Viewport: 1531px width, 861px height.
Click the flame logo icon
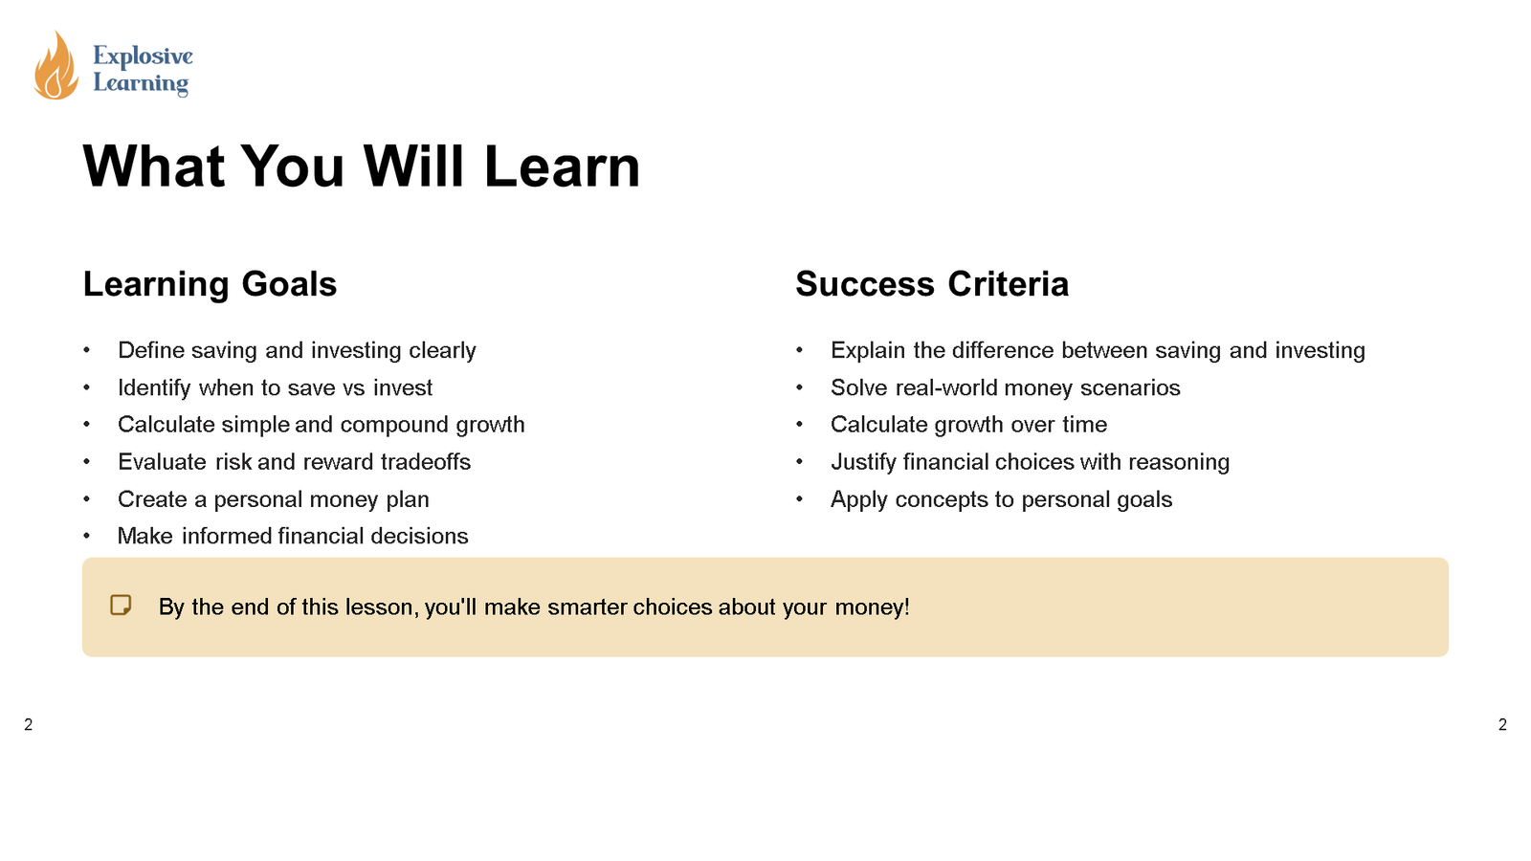pos(56,66)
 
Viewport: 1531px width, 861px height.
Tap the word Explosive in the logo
pos(143,56)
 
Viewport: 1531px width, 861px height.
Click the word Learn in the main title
pos(562,166)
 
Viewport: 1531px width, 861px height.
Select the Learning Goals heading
pos(210,284)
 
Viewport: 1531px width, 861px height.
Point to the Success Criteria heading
pos(932,283)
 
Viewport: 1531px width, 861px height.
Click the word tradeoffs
pos(426,462)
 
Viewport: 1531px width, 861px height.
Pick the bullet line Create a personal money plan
pos(274,499)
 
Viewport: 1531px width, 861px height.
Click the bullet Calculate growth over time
pos(968,425)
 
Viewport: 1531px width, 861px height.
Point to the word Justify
pos(863,463)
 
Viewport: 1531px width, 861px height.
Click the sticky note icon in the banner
pos(121,605)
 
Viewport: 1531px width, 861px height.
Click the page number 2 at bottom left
pos(28,724)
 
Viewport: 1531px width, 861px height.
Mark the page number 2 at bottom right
pos(1502,724)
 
